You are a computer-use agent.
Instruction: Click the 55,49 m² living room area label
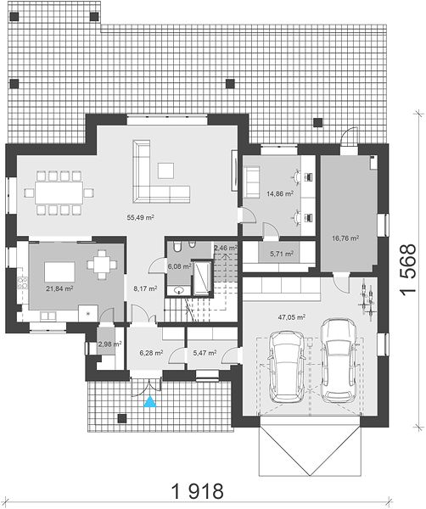140,217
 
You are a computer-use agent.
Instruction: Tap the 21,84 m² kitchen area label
59,288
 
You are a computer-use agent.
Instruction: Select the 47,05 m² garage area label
292,317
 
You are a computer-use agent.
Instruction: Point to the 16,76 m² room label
345,238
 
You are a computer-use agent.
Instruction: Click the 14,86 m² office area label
280,193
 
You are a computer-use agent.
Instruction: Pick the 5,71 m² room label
282,254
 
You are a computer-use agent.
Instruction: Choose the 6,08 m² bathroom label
179,266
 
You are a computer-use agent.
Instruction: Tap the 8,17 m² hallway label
145,288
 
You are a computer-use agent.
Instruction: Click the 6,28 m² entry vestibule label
151,353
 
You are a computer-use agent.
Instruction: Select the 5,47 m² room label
205,353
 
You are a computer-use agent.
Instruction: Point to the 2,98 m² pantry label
109,344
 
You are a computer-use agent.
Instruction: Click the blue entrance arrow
150,402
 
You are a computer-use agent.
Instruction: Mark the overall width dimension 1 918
197,491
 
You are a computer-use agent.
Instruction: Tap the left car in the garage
286,366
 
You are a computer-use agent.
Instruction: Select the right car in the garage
338,361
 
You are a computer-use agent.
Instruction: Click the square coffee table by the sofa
165,171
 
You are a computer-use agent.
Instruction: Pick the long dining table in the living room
59,193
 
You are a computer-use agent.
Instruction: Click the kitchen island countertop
59,272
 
